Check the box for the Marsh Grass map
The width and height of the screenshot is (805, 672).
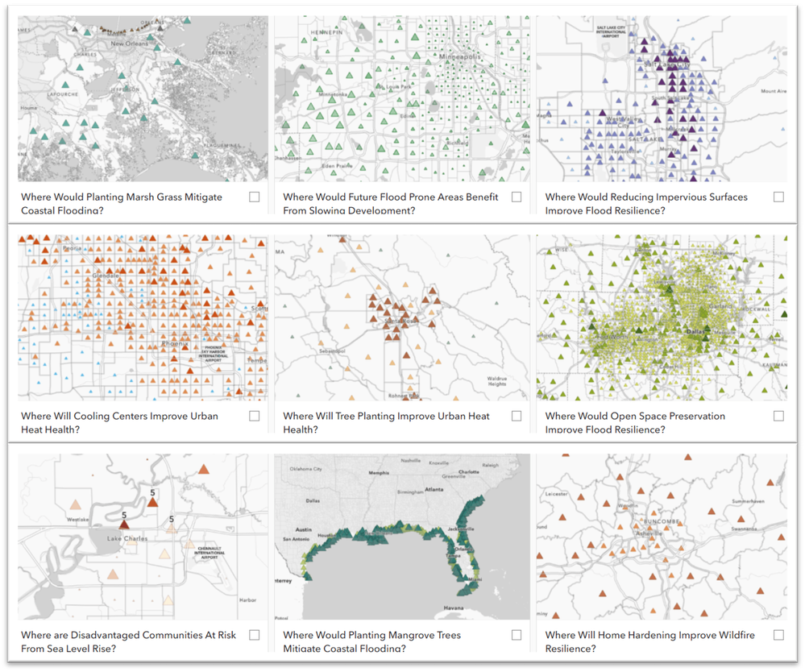pyautogui.click(x=255, y=197)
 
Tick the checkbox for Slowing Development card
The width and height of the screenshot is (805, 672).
pyautogui.click(x=517, y=197)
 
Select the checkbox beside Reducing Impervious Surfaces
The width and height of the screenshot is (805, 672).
pyautogui.click(x=778, y=197)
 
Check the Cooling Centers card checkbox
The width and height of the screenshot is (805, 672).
pyautogui.click(x=255, y=416)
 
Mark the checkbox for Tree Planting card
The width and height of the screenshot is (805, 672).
pyautogui.click(x=517, y=416)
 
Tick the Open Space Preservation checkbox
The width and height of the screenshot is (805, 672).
pyautogui.click(x=778, y=416)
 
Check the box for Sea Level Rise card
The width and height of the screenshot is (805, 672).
pyautogui.click(x=255, y=635)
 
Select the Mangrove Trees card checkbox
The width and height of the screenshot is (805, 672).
pyautogui.click(x=517, y=635)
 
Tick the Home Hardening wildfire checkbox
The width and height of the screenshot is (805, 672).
pyautogui.click(x=778, y=635)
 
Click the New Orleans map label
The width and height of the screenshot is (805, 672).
pyautogui.click(x=129, y=44)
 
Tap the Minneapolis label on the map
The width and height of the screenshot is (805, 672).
pyautogui.click(x=459, y=57)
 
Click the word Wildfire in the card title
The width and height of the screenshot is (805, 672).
pyautogui.click(x=732, y=635)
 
